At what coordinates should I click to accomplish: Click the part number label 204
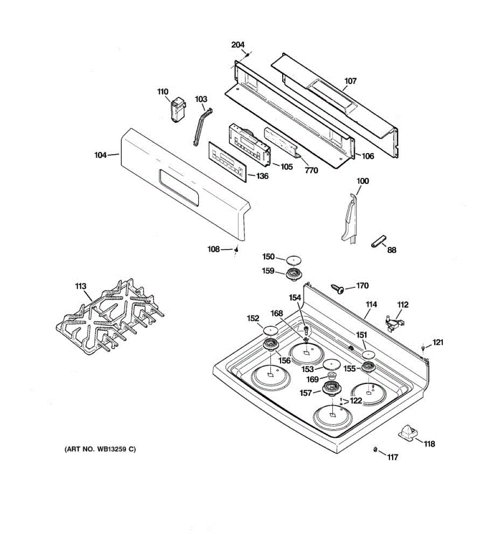238,44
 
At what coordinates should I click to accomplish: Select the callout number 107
350,81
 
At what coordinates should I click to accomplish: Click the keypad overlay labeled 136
227,161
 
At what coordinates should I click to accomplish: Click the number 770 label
312,170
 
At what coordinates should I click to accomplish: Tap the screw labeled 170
339,289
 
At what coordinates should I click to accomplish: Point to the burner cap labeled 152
270,330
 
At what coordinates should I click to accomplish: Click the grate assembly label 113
80,286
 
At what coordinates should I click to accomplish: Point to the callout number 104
100,155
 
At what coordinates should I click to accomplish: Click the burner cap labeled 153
332,364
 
